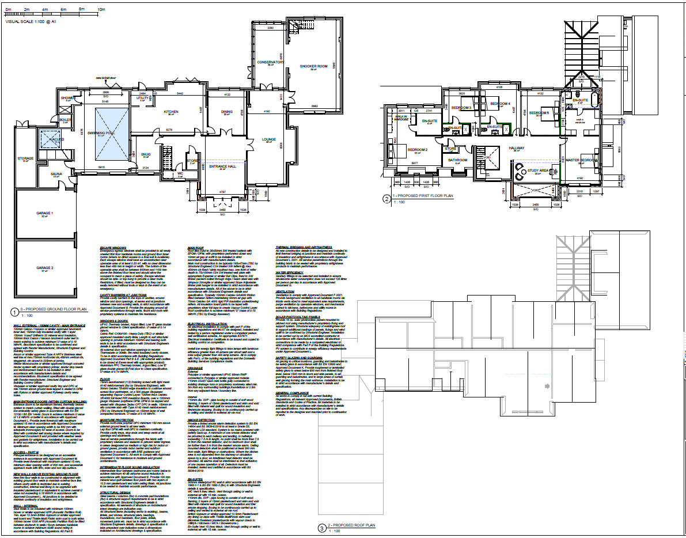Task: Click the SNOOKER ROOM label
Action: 313,66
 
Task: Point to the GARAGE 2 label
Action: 45,268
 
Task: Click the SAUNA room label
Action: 56,173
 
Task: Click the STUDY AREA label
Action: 539,171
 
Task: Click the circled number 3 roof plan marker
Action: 321,526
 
